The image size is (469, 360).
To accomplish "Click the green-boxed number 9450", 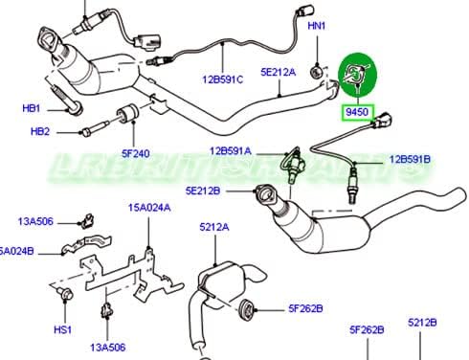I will pyautogui.click(x=358, y=111).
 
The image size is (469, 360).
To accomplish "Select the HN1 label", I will pyautogui.click(x=316, y=26).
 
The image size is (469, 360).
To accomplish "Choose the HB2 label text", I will pyautogui.click(x=40, y=131).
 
